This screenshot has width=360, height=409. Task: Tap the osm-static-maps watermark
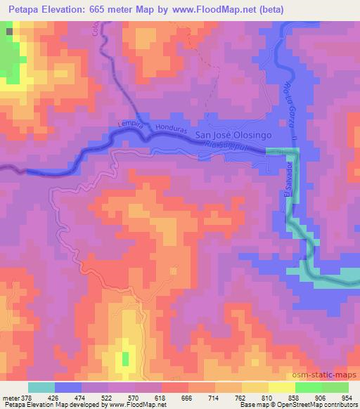(x=331, y=377)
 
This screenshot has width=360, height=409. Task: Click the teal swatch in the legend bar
(x=41, y=387)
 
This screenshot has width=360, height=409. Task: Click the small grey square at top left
(x=9, y=31)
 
